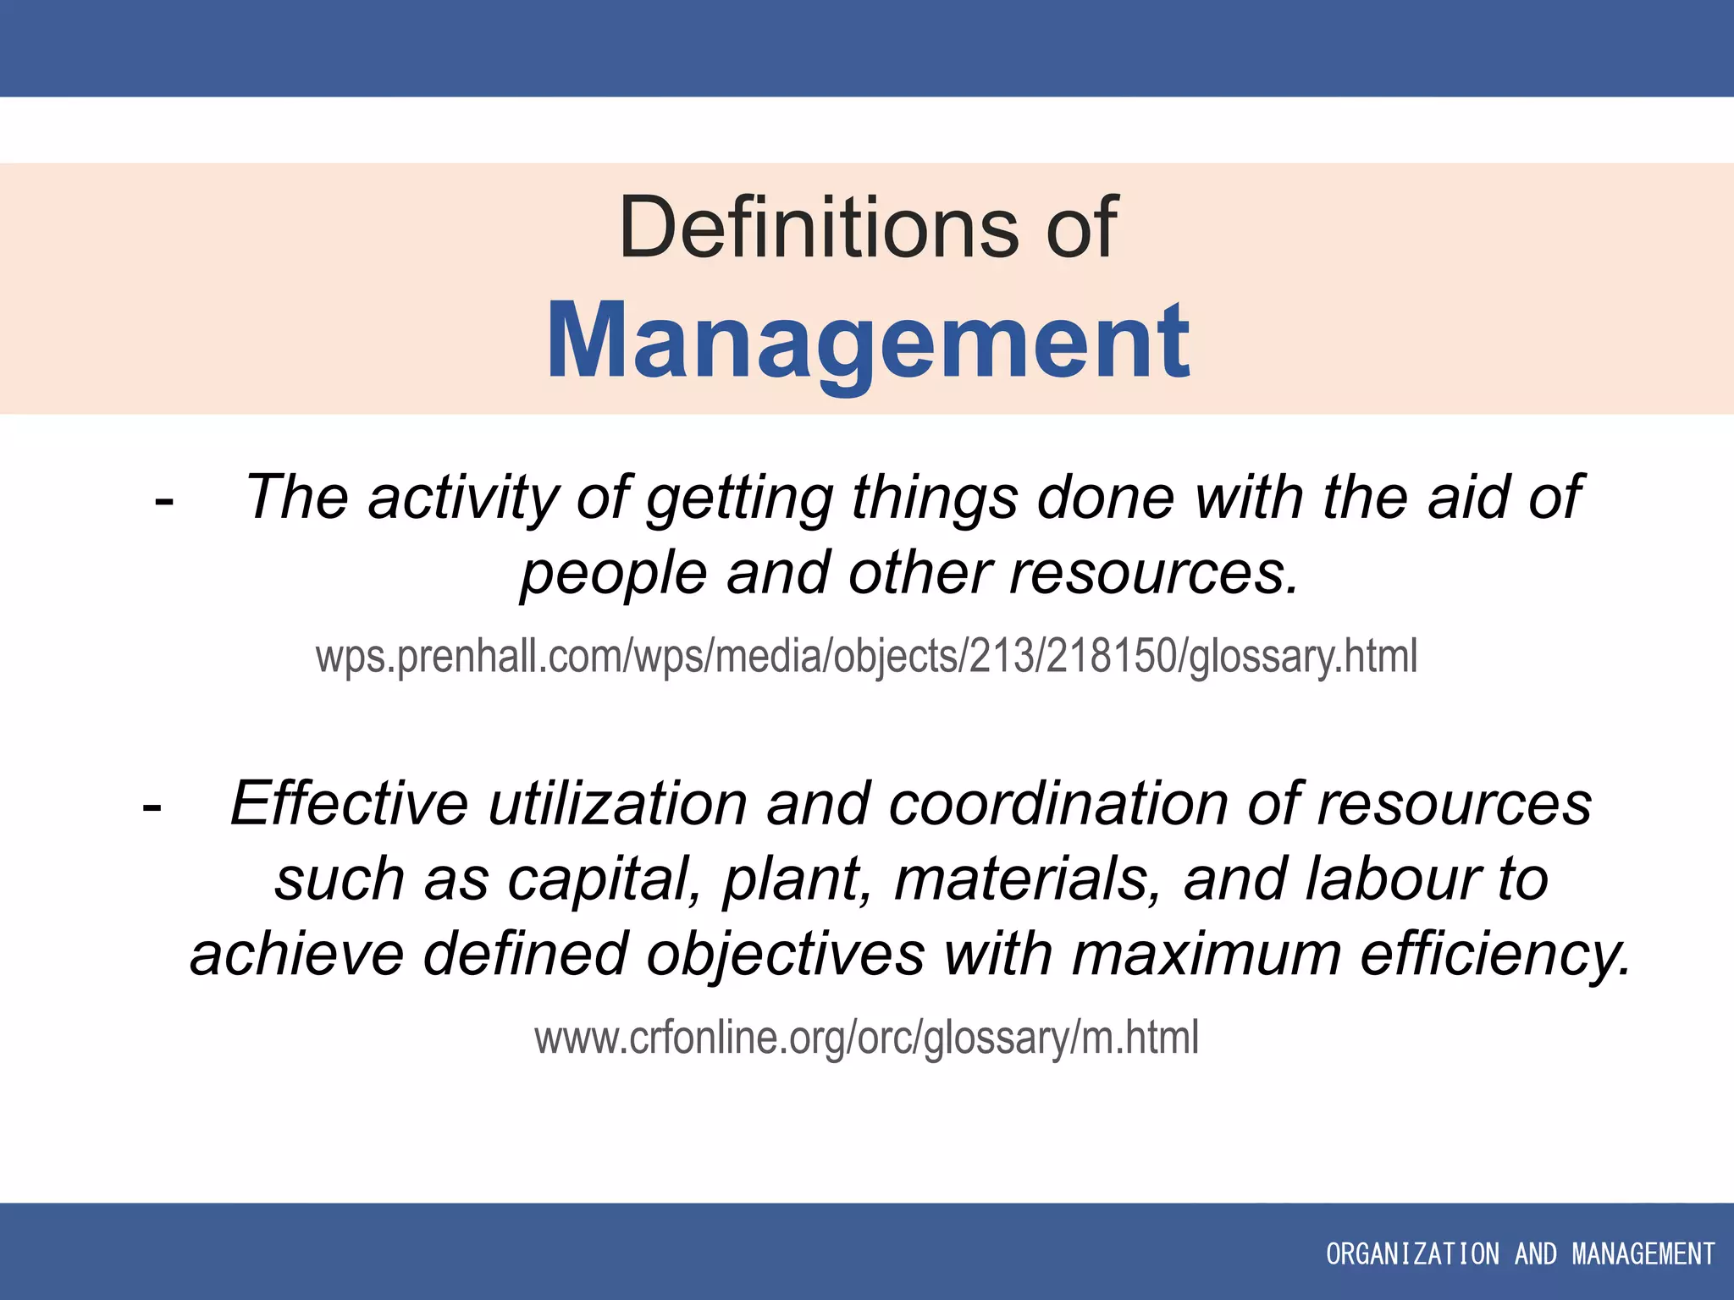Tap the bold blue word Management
point(868,340)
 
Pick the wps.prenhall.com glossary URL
point(866,657)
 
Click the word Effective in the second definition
point(349,803)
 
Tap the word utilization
point(617,803)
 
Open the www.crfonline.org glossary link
point(866,1038)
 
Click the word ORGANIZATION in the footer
point(1411,1253)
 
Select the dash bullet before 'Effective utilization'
point(152,807)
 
